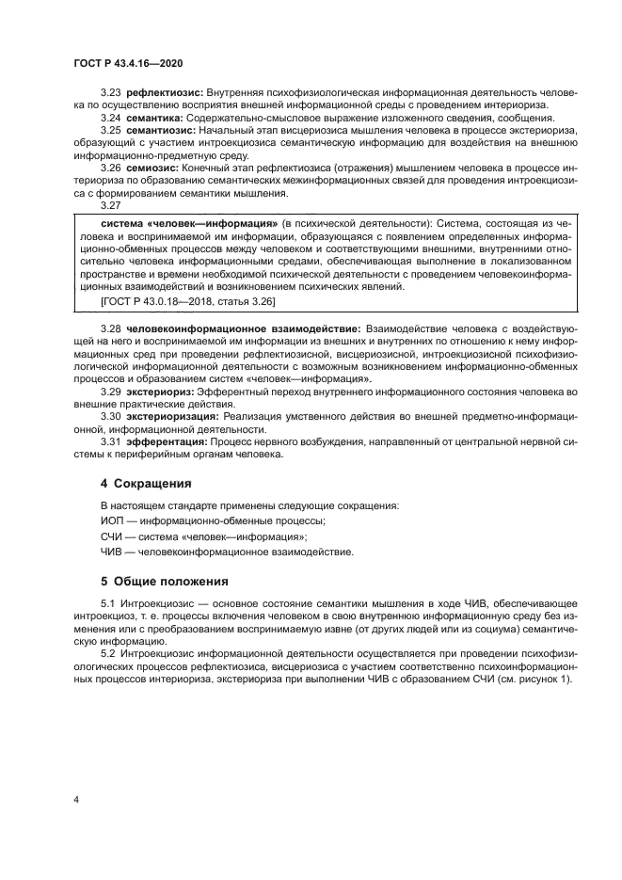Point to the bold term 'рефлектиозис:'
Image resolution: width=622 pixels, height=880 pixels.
164,94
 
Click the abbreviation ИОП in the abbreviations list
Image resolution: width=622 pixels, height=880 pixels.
113,520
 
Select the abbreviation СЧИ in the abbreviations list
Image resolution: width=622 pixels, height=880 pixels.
113,536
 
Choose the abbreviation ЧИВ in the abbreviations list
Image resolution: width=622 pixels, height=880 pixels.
113,551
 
